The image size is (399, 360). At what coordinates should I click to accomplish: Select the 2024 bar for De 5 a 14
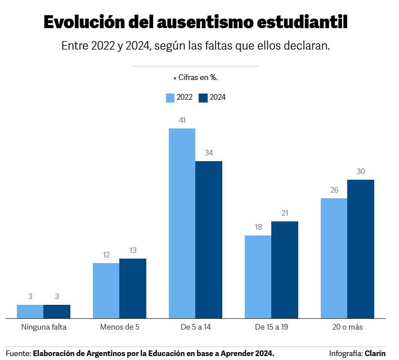click(x=209, y=240)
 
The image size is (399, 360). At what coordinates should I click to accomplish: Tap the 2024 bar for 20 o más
click(x=361, y=249)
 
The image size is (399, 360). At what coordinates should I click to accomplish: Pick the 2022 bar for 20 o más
click(x=334, y=259)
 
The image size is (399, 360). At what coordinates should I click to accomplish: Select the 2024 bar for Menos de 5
click(x=133, y=288)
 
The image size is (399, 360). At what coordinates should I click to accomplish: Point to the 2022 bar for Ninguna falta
click(x=30, y=312)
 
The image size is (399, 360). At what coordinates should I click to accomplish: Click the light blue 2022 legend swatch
click(x=171, y=97)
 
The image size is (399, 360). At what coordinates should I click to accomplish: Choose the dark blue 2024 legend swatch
click(x=204, y=97)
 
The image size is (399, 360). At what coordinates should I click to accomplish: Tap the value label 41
click(x=182, y=120)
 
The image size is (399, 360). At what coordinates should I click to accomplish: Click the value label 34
click(x=209, y=153)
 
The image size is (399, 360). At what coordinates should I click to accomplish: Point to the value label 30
click(x=361, y=171)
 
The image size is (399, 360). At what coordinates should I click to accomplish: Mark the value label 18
click(x=258, y=227)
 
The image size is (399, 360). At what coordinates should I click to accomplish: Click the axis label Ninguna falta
click(x=43, y=327)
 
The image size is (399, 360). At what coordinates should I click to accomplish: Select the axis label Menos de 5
click(x=119, y=327)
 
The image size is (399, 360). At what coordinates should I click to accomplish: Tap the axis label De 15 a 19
click(x=271, y=327)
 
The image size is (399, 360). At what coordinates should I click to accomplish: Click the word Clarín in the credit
click(x=375, y=353)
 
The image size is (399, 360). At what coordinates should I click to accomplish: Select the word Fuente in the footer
click(x=17, y=353)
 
